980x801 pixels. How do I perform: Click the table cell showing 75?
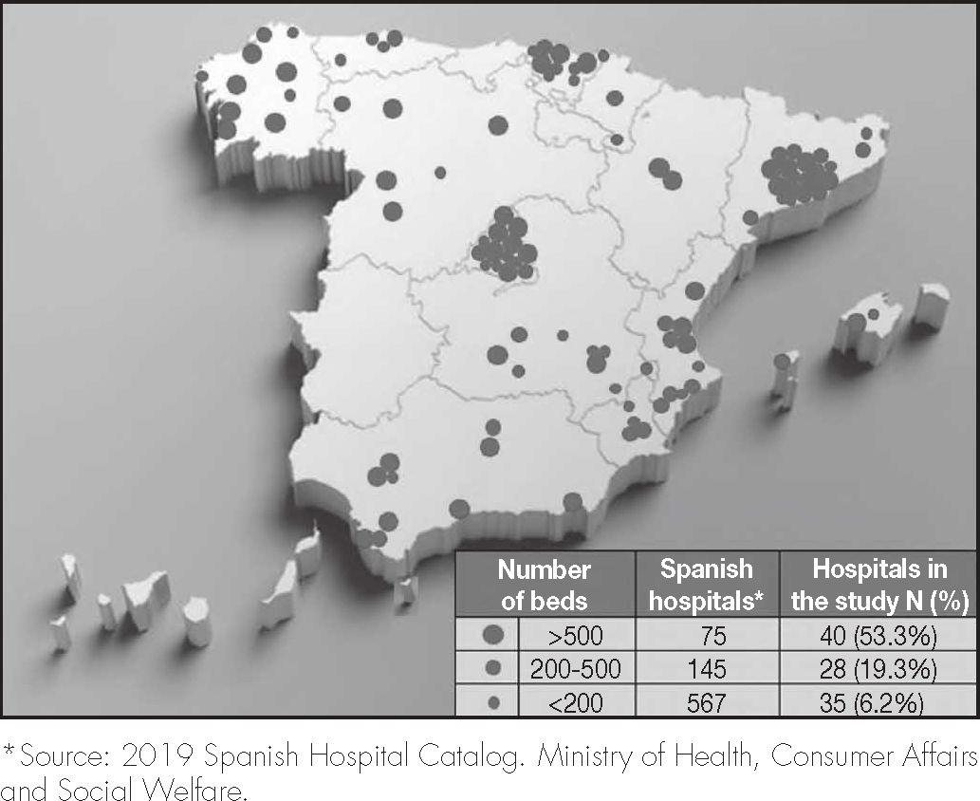click(707, 635)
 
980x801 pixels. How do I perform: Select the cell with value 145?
click(707, 668)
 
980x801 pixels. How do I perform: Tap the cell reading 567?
click(707, 701)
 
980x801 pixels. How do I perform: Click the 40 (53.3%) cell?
click(878, 635)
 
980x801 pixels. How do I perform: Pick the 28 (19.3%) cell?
click(878, 668)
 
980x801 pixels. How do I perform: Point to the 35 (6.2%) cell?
click(878, 701)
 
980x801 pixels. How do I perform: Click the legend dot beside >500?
click(492, 635)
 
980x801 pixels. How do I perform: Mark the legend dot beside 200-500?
click(492, 668)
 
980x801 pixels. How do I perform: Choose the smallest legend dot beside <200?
click(492, 701)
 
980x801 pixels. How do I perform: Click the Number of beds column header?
click(544, 584)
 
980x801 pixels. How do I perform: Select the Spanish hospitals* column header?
click(707, 584)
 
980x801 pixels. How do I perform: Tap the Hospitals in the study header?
click(878, 584)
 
